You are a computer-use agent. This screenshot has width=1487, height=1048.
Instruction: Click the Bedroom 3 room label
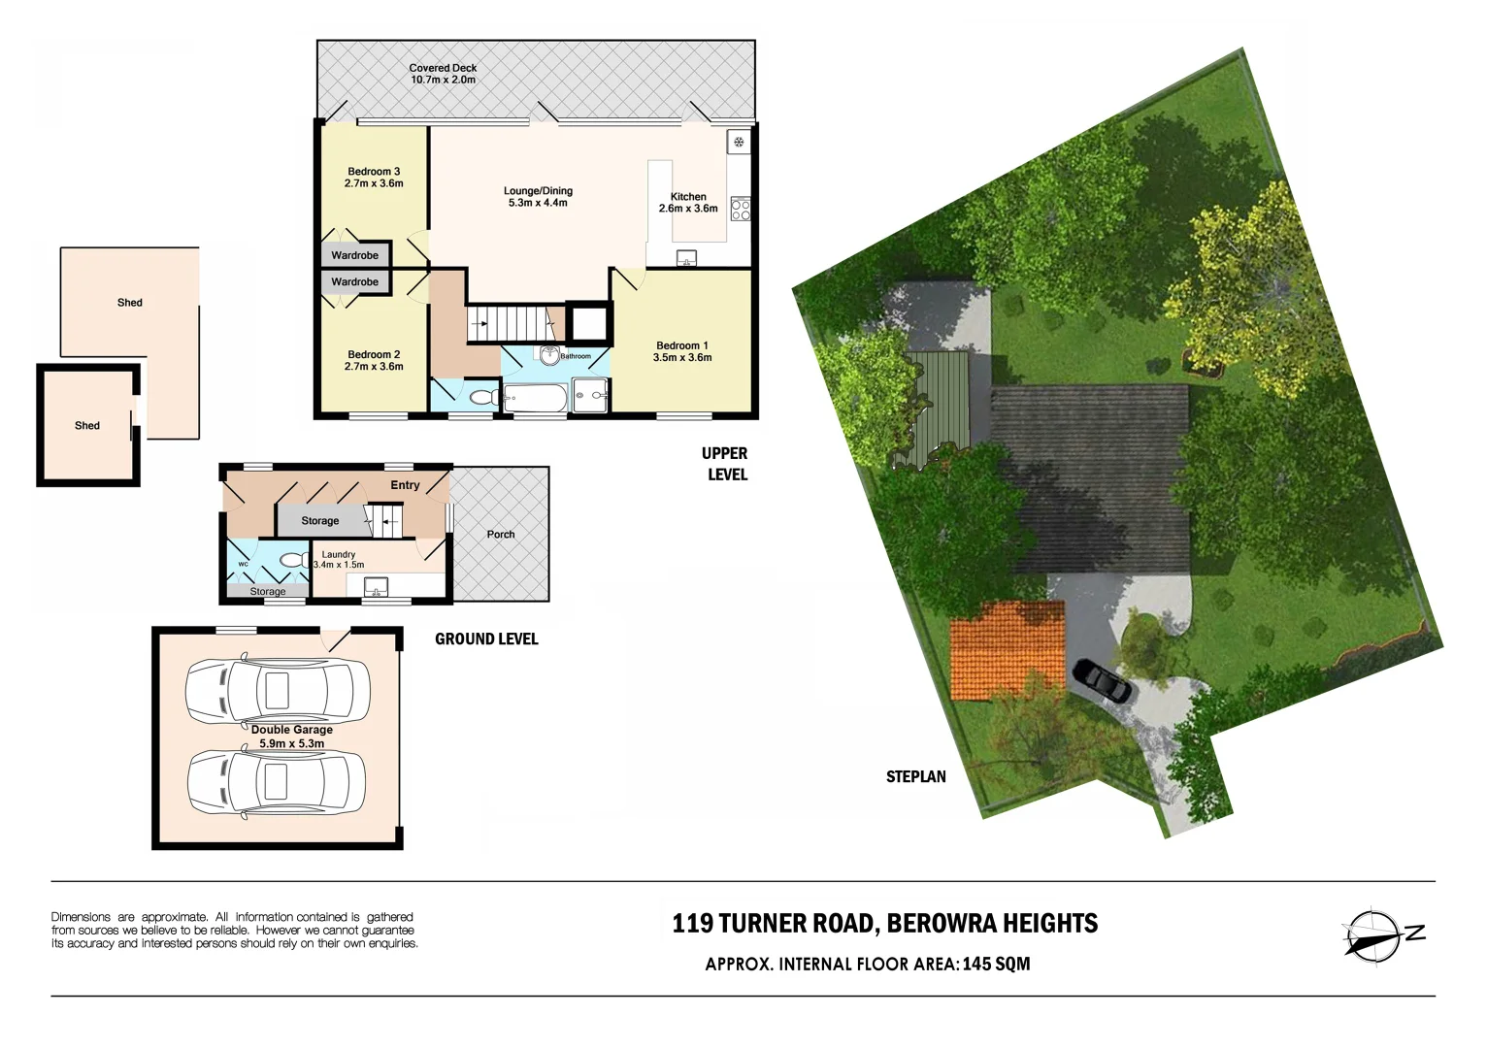pyautogui.click(x=374, y=172)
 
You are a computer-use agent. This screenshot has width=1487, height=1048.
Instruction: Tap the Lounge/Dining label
pyautogui.click(x=538, y=191)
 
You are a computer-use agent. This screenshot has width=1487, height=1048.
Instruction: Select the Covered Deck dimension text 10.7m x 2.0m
pyautogui.click(x=443, y=80)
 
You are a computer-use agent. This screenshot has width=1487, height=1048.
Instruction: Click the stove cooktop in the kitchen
pyautogui.click(x=741, y=209)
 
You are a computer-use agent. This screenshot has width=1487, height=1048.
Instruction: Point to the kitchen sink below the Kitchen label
pyautogui.click(x=686, y=258)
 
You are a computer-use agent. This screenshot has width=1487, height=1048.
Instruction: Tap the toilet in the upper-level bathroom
pyautogui.click(x=479, y=397)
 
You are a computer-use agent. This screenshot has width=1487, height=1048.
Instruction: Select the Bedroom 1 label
pyautogui.click(x=681, y=345)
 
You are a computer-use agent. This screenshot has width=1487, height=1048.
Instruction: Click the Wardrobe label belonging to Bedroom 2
pyautogui.click(x=354, y=282)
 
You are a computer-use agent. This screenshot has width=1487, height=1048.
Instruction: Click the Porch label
pyautogui.click(x=501, y=535)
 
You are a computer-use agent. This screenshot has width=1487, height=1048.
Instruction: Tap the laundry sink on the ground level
pyautogui.click(x=376, y=586)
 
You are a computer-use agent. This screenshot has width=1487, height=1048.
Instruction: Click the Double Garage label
pyautogui.click(x=291, y=730)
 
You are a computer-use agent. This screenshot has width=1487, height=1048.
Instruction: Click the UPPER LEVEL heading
pyautogui.click(x=725, y=464)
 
